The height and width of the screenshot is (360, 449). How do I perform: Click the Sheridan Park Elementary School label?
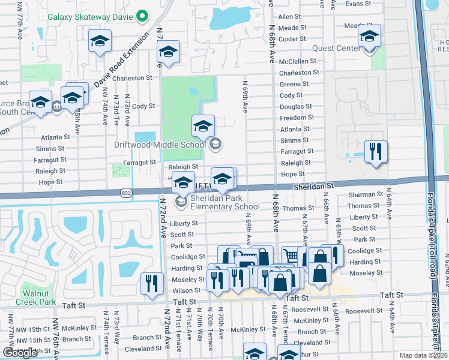coord(225,202)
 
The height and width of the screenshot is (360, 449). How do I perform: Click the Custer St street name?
coord(293,39)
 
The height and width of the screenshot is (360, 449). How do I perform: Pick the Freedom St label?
coord(297,118)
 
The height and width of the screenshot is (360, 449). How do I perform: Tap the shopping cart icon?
coord(291,256)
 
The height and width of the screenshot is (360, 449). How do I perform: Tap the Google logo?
coord(20,353)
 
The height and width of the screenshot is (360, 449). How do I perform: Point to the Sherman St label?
coord(366,194)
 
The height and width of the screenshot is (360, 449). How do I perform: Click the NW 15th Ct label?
coord(37,329)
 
